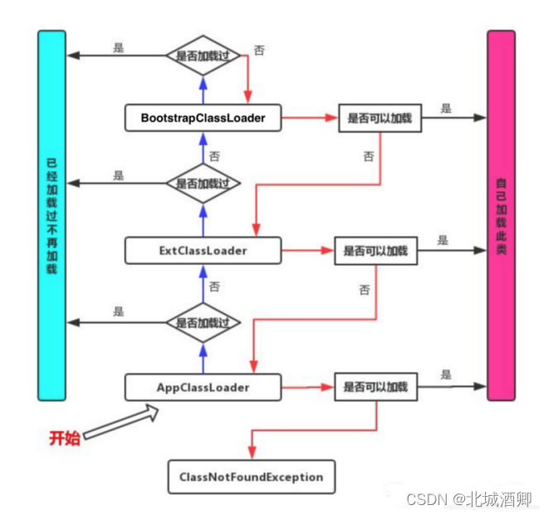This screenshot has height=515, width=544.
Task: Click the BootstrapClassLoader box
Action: tap(203, 118)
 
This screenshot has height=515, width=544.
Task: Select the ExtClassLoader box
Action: tap(203, 249)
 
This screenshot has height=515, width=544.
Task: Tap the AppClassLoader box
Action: tap(203, 387)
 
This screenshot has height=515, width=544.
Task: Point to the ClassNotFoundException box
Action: tap(251, 478)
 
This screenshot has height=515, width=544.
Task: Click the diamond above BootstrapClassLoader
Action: tap(203, 56)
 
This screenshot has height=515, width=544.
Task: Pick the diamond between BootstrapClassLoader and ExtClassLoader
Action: tap(203, 184)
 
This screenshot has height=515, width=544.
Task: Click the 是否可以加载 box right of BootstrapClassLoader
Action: tap(379, 119)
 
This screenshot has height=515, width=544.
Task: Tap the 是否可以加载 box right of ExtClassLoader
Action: tap(375, 250)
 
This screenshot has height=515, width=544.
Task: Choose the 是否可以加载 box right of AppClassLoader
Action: tap(375, 387)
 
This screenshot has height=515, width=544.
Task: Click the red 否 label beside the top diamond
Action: tap(259, 51)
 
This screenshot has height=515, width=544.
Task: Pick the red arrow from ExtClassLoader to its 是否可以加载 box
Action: tap(307, 250)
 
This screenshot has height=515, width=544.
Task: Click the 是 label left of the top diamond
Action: tap(119, 48)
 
